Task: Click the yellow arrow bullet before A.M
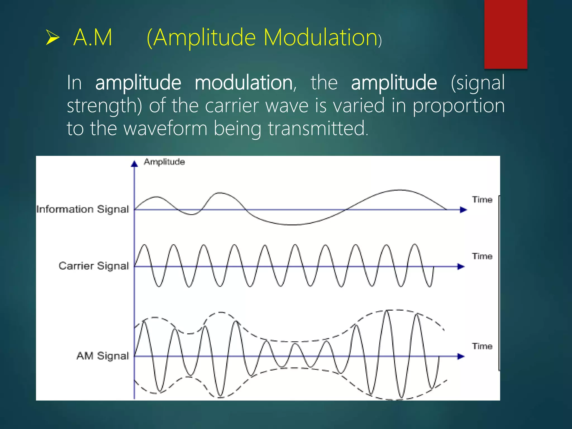[x=53, y=38]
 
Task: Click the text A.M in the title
[x=93, y=37]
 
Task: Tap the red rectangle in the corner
[x=506, y=34]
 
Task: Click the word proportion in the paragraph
[x=459, y=106]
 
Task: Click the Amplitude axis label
[x=164, y=162]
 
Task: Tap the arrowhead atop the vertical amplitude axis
[x=134, y=164]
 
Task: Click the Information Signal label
[x=83, y=209]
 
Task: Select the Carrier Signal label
[x=94, y=266]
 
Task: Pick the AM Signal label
[x=103, y=356]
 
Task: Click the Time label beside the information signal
[x=482, y=200]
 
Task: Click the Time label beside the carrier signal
[x=482, y=256]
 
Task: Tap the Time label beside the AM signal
[x=482, y=346]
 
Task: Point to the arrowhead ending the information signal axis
[x=463, y=210]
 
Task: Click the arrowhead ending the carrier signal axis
[x=461, y=267]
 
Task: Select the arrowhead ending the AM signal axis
[x=461, y=356]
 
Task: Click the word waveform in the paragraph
[x=165, y=128]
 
